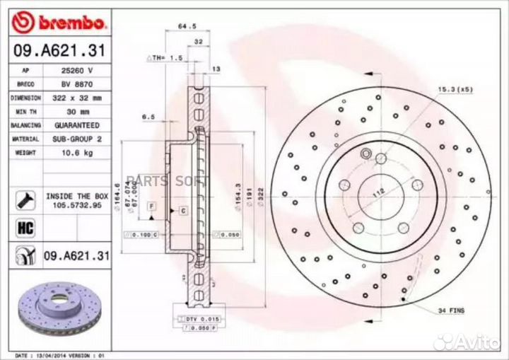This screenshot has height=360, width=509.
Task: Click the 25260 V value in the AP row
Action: click(77, 71)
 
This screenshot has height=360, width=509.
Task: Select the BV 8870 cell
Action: click(77, 84)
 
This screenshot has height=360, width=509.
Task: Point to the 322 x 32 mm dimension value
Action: click(77, 98)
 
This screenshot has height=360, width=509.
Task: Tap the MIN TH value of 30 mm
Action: click(77, 112)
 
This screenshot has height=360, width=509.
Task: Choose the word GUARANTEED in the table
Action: click(77, 125)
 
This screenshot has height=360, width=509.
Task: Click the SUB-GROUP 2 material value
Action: click(77, 139)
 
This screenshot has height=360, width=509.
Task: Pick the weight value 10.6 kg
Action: click(77, 153)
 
